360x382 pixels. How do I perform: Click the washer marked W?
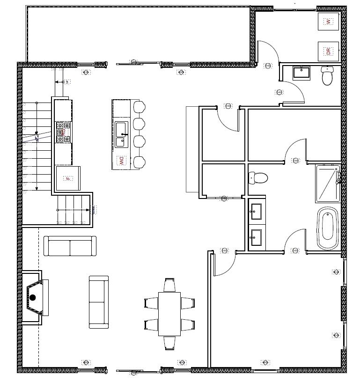click(x=328, y=22)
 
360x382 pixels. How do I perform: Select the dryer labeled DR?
click(x=328, y=51)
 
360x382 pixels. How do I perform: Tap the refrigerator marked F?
click(x=68, y=178)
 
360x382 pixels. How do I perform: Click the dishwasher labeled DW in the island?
click(x=121, y=162)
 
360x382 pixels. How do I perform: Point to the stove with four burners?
click(x=63, y=132)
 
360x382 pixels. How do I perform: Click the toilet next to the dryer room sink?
click(x=327, y=76)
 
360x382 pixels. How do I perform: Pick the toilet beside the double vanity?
click(x=258, y=178)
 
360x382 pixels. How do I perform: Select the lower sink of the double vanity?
click(x=256, y=237)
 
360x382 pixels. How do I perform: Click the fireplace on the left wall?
click(x=36, y=297)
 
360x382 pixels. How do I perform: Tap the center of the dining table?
click(x=169, y=314)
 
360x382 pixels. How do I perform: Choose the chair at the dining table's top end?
click(x=169, y=285)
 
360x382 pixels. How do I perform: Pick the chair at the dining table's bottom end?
click(x=169, y=343)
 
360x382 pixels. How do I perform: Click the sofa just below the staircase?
click(x=70, y=246)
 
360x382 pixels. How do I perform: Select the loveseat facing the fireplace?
click(x=99, y=301)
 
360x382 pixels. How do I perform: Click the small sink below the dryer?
click(x=301, y=73)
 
